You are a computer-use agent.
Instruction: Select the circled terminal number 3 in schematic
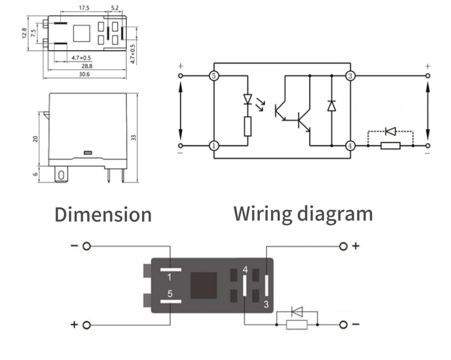pos(350,76)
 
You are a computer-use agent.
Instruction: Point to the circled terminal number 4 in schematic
pos(350,145)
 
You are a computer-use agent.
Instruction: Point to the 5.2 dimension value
pos(115,8)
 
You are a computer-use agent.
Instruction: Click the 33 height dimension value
pos(133,137)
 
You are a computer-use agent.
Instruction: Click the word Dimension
pos(103,215)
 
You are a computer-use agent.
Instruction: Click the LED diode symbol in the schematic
pos(248,99)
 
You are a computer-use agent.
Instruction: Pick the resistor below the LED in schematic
pos(248,126)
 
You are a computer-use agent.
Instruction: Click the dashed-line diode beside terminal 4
pos(390,131)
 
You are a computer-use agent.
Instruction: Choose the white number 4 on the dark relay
pos(245,270)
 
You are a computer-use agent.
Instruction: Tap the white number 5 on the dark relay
pos(170,293)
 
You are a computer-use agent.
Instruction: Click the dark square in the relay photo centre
pos(203,285)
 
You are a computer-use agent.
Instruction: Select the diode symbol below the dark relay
pos(297,312)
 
